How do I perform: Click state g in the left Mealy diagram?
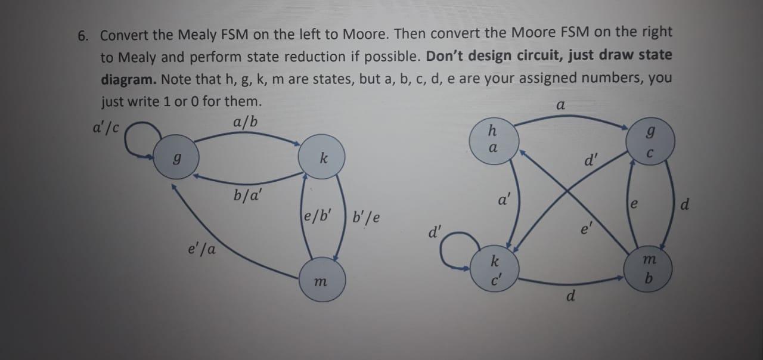pyautogui.click(x=175, y=158)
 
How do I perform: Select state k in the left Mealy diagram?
pyautogui.click(x=323, y=158)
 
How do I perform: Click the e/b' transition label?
pyautogui.click(x=318, y=215)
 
